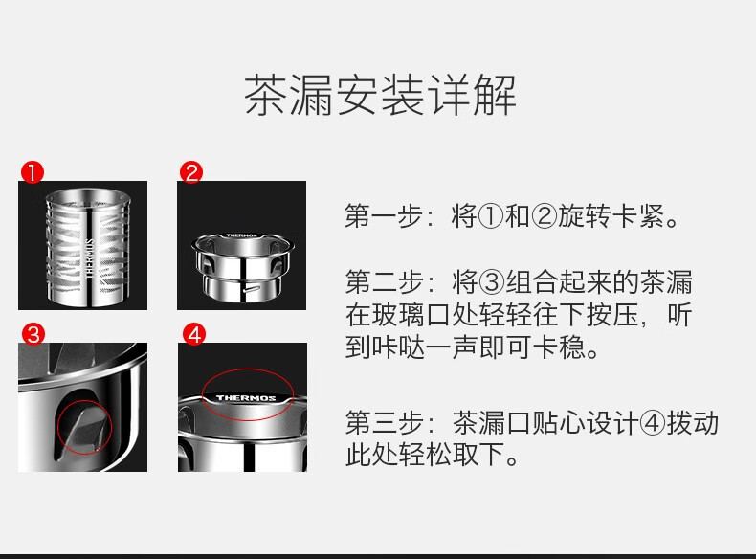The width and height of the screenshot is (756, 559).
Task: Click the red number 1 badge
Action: pyautogui.click(x=33, y=172)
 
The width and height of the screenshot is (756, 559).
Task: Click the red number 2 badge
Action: pyautogui.click(x=191, y=172)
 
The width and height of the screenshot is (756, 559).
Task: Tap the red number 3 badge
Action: pyautogui.click(x=33, y=334)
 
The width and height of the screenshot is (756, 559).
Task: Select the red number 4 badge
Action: pyautogui.click(x=194, y=334)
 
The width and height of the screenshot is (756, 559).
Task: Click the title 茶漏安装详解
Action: pyautogui.click(x=380, y=96)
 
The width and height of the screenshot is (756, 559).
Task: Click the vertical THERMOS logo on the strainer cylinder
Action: pyautogui.click(x=89, y=257)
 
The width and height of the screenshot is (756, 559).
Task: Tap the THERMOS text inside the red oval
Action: pyautogui.click(x=246, y=398)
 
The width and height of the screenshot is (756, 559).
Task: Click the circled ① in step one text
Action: pyautogui.click(x=490, y=216)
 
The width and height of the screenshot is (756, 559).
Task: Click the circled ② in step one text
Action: pyautogui.click(x=544, y=216)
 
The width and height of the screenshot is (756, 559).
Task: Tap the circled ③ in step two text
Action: pyautogui.click(x=491, y=282)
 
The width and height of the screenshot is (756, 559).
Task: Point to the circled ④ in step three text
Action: pyautogui.click(x=652, y=423)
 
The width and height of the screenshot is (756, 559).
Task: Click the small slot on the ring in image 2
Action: pyautogui.click(x=252, y=290)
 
